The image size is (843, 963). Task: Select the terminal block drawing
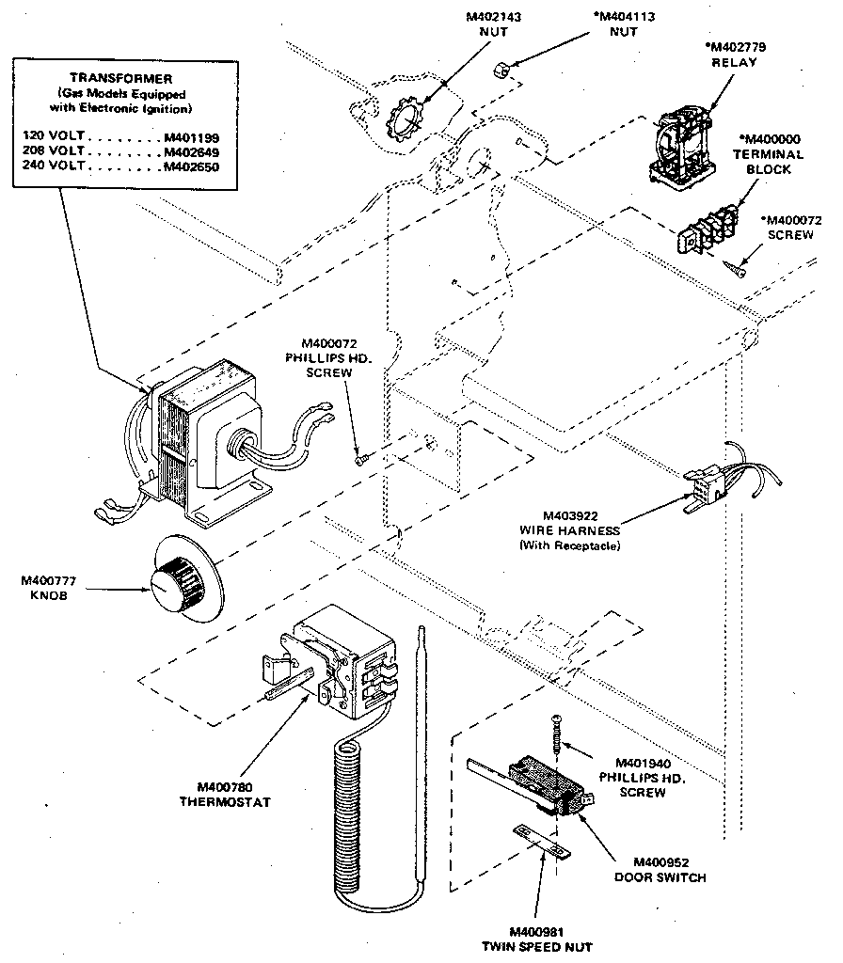coord(704,230)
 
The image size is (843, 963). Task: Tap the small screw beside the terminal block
coord(737,270)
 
